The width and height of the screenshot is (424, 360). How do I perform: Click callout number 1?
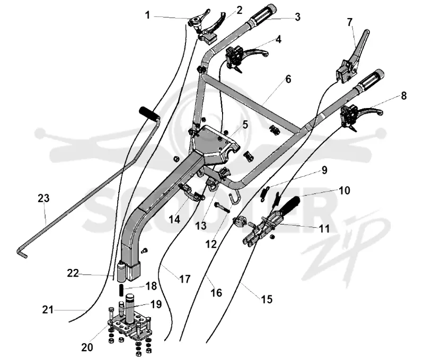click(x=147, y=15)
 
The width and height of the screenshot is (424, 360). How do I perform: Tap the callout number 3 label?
click(x=297, y=17)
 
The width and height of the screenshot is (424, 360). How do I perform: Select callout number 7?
click(x=350, y=22)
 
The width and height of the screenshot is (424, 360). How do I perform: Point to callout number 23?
click(x=43, y=198)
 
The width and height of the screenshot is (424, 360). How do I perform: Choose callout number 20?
click(x=87, y=347)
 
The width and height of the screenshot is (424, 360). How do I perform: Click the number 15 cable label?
click(x=267, y=299)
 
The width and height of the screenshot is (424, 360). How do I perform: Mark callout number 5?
click(x=245, y=125)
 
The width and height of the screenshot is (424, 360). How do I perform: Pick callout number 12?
click(x=211, y=244)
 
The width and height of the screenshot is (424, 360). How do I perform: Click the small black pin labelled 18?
click(x=121, y=290)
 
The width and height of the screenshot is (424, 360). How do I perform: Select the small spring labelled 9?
click(x=264, y=194)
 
